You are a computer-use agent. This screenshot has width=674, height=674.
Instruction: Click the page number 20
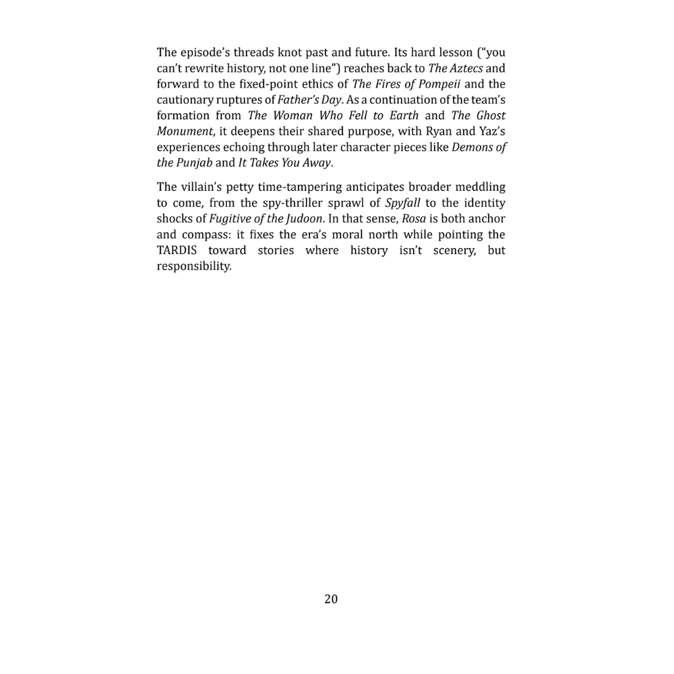331,599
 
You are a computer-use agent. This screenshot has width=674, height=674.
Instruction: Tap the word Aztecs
466,68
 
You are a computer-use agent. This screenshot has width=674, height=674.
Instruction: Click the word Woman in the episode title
293,115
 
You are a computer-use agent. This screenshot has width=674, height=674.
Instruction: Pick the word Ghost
491,115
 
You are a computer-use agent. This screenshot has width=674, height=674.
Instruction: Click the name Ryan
439,131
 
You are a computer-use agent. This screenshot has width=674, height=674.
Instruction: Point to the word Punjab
193,162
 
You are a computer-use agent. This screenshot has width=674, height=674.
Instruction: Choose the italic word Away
317,162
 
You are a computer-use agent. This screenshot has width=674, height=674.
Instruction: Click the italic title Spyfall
402,203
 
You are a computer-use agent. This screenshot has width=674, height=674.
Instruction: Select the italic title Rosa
414,219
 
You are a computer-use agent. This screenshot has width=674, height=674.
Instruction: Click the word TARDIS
177,251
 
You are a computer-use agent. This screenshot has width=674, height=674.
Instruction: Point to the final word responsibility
194,266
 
